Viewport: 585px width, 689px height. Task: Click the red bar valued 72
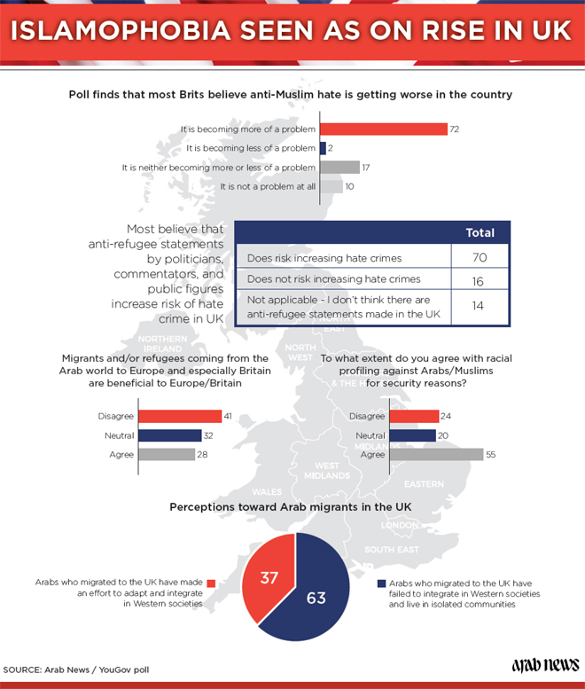pyautogui.click(x=383, y=129)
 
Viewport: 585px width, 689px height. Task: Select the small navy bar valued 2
pyautogui.click(x=323, y=148)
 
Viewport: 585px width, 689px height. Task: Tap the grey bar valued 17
pyautogui.click(x=339, y=167)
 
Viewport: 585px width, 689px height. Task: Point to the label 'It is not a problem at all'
pyautogui.click(x=268, y=186)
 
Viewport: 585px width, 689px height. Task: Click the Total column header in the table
pyautogui.click(x=480, y=233)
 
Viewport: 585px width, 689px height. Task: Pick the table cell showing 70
pyautogui.click(x=480, y=258)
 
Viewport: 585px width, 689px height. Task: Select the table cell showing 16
pyautogui.click(x=480, y=279)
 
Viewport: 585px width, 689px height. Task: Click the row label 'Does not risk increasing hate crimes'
pyautogui.click(x=334, y=279)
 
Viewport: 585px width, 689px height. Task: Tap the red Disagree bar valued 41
pyautogui.click(x=180, y=417)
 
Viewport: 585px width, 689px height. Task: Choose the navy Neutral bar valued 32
pyautogui.click(x=170, y=435)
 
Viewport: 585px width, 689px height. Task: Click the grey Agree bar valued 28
pyautogui.click(x=167, y=454)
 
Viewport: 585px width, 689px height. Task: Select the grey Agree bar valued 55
pyautogui.click(x=435, y=454)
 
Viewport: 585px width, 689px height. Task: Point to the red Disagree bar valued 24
pyautogui.click(x=414, y=417)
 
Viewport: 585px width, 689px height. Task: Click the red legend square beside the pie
pyautogui.click(x=212, y=583)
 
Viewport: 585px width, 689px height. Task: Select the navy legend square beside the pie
pyautogui.click(x=381, y=583)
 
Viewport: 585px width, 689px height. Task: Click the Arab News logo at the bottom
pyautogui.click(x=545, y=664)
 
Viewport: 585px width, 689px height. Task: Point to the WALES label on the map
pyautogui.click(x=267, y=491)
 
